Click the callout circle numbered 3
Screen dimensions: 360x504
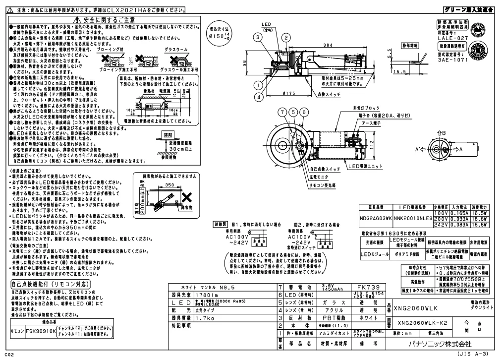click(x=258, y=36)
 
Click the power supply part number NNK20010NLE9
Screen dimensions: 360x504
click(x=413, y=217)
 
